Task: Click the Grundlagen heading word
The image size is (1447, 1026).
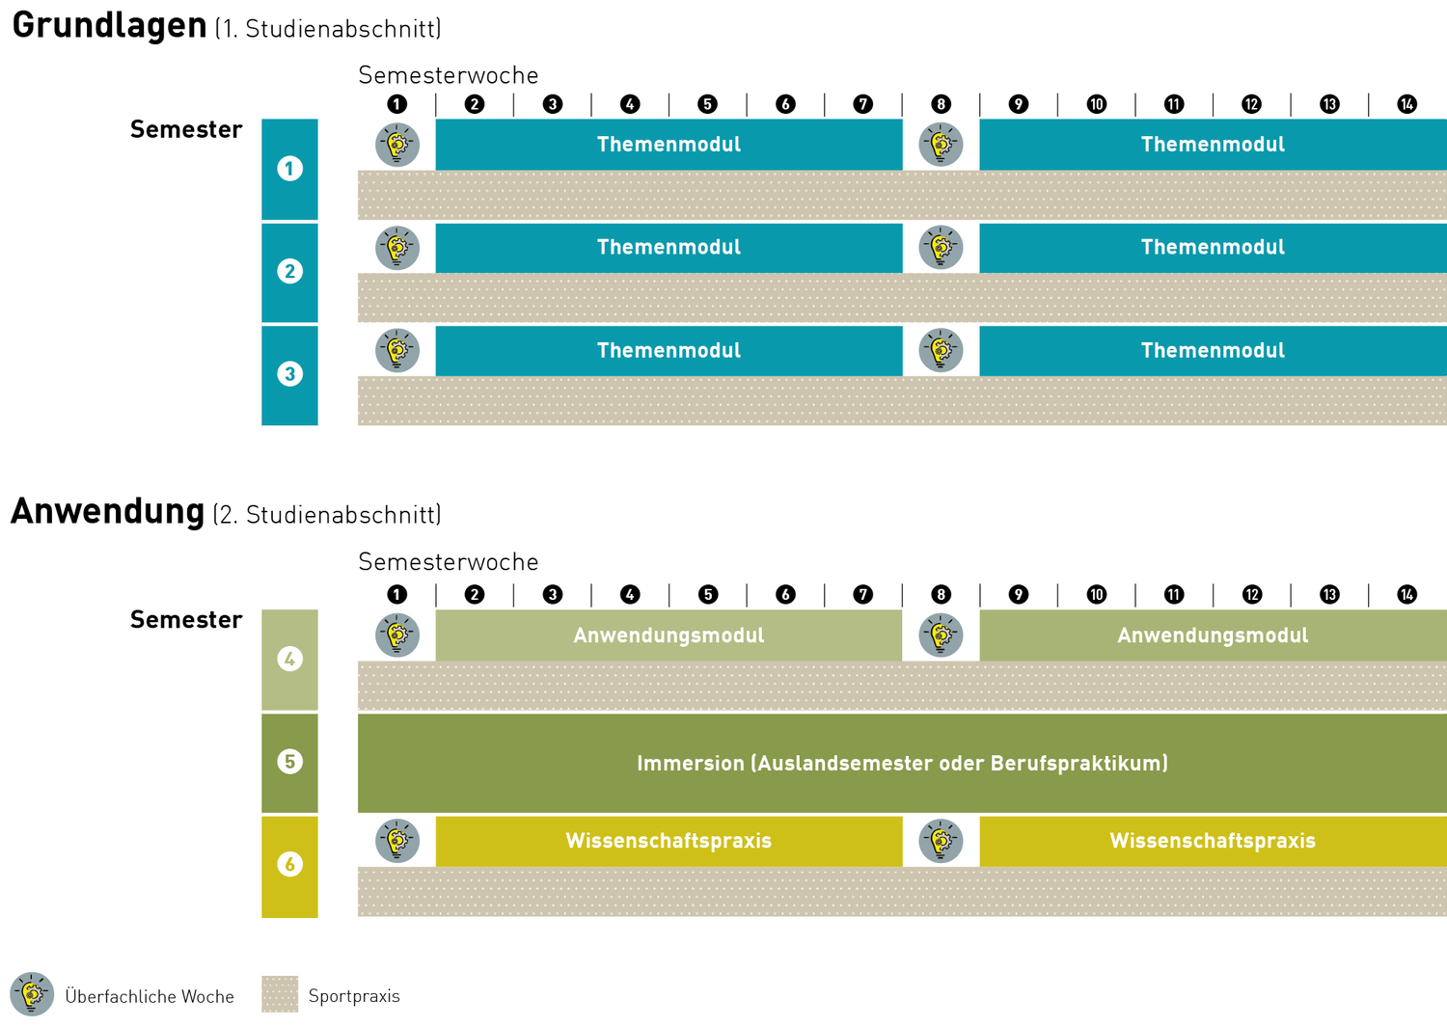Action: click(109, 26)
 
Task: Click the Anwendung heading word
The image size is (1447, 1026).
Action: click(107, 511)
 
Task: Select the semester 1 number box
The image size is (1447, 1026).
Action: click(289, 169)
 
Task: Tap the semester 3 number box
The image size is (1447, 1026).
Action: click(289, 374)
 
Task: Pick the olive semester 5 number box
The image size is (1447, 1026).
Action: click(289, 762)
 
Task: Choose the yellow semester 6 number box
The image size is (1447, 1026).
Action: click(289, 865)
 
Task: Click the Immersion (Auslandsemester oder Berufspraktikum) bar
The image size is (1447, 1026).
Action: click(902, 763)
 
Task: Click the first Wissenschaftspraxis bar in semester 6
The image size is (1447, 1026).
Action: click(669, 841)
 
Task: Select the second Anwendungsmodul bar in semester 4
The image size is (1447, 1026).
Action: click(1213, 635)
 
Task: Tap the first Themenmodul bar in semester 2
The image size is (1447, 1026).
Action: click(669, 248)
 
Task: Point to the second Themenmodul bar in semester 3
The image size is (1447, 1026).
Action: click(1213, 351)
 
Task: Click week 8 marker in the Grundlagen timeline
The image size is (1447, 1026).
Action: click(941, 104)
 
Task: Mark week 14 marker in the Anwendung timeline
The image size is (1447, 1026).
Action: click(1406, 594)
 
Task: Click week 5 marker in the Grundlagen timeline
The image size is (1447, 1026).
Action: click(707, 104)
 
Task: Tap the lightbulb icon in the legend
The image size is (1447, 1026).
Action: click(32, 994)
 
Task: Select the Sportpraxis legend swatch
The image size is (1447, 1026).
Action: click(280, 994)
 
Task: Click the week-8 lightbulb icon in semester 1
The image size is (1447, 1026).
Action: click(941, 145)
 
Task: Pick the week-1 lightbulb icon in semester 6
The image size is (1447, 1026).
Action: click(396, 841)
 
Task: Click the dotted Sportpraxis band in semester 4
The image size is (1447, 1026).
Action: click(902, 686)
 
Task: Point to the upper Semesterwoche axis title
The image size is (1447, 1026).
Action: click(448, 75)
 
